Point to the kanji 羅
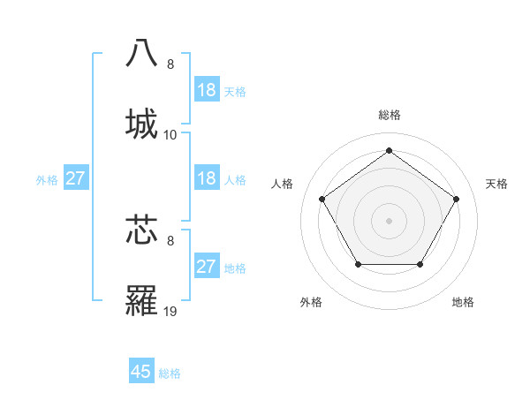[x=141, y=300]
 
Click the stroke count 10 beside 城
[x=170, y=135]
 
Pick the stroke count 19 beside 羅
[x=170, y=312]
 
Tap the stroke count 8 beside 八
[x=170, y=64]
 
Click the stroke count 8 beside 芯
[x=170, y=240]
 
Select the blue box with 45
[x=141, y=372]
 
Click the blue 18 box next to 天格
[x=206, y=90]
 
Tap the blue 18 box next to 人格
[x=206, y=178]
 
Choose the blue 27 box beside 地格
[x=206, y=267]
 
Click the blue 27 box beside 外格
[x=76, y=178]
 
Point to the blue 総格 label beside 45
[x=170, y=373]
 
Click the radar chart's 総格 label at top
[x=389, y=115]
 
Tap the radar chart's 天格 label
[x=496, y=184]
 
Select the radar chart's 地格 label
[x=463, y=302]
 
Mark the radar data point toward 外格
[x=358, y=264]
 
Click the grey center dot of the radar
[x=389, y=220]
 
